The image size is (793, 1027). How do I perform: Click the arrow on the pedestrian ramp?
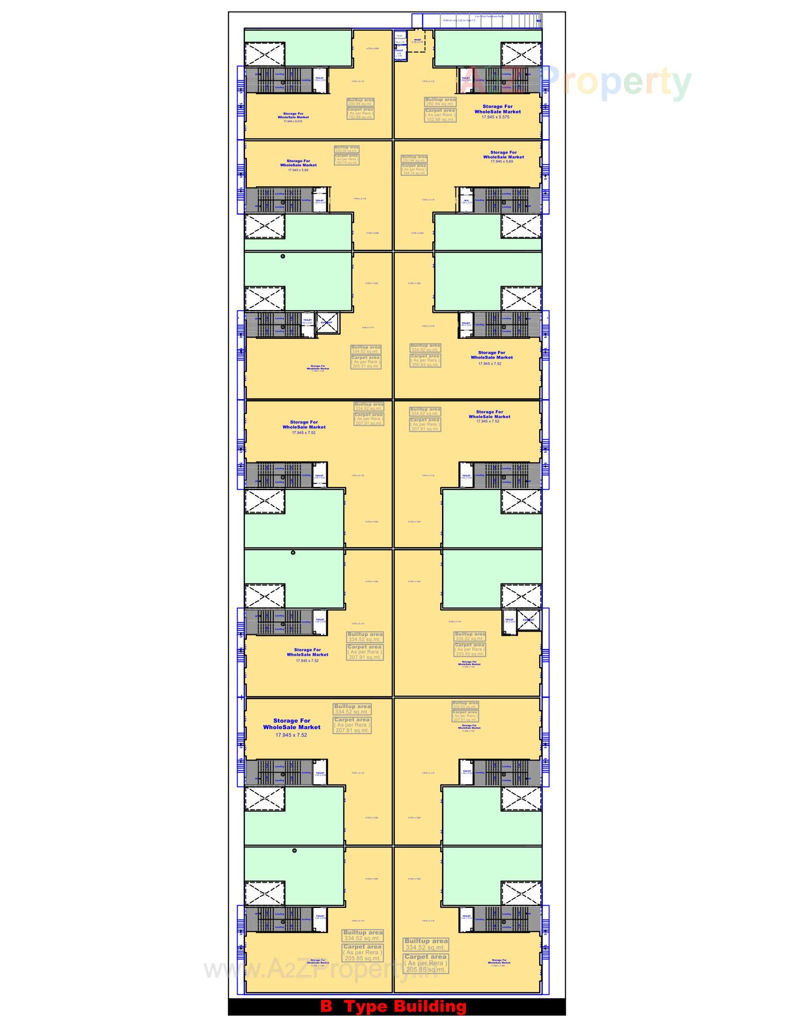pos(539,21)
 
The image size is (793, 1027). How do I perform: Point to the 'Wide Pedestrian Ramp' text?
pos(489,16)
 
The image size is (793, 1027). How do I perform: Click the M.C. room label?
pos(466,201)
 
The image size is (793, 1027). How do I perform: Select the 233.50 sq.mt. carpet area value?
pos(469,654)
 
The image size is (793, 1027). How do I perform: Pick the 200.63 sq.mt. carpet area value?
pos(425,365)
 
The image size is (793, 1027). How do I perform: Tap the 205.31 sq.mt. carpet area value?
pos(366,366)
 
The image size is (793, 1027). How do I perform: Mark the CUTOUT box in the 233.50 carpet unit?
pos(528,620)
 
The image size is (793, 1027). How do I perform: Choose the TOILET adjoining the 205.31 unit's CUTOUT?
pos(308,322)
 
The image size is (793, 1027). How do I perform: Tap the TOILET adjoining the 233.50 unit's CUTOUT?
pos(509,621)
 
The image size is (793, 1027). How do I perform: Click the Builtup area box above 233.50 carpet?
pos(470,636)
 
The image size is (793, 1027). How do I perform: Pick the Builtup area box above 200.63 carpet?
pos(425,347)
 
